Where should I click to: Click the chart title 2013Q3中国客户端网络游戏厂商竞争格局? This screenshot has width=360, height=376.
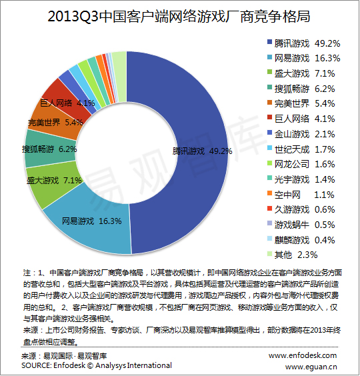coord(179,17)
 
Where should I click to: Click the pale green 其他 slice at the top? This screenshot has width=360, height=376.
coord(119,77)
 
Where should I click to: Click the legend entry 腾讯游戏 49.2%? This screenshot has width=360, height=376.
coord(303,43)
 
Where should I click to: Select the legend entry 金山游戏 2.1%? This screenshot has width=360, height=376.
coord(301,134)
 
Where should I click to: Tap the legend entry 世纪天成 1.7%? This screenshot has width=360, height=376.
coord(301,149)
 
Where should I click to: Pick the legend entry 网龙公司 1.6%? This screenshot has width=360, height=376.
coord(301,164)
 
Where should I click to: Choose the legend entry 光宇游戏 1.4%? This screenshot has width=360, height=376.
coord(301,179)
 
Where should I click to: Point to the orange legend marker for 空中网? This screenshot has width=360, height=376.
coord(269,193)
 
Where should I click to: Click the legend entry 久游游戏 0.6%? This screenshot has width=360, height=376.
coord(301,209)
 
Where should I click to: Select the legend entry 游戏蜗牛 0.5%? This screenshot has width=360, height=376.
coord(301,225)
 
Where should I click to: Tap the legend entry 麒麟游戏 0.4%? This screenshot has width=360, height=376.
coord(301,240)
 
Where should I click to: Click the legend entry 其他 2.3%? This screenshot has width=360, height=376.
coord(293,255)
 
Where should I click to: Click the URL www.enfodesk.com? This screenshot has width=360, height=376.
coord(303,355)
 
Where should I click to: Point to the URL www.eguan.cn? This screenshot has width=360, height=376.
coord(311,367)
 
